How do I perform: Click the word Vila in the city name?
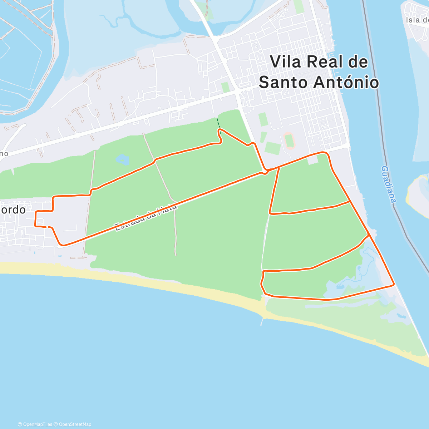pyautogui.click(x=286, y=61)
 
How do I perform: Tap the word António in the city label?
pyautogui.click(x=346, y=82)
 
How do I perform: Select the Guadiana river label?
pyautogui.click(x=389, y=184)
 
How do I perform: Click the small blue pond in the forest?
pyautogui.click(x=122, y=159)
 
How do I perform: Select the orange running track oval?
pyautogui.click(x=289, y=140)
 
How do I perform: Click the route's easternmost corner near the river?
pyautogui.click(x=394, y=285)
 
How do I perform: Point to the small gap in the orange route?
pyautogui.click(x=47, y=227)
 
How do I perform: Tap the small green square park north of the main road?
pyautogui.click(x=225, y=87)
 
